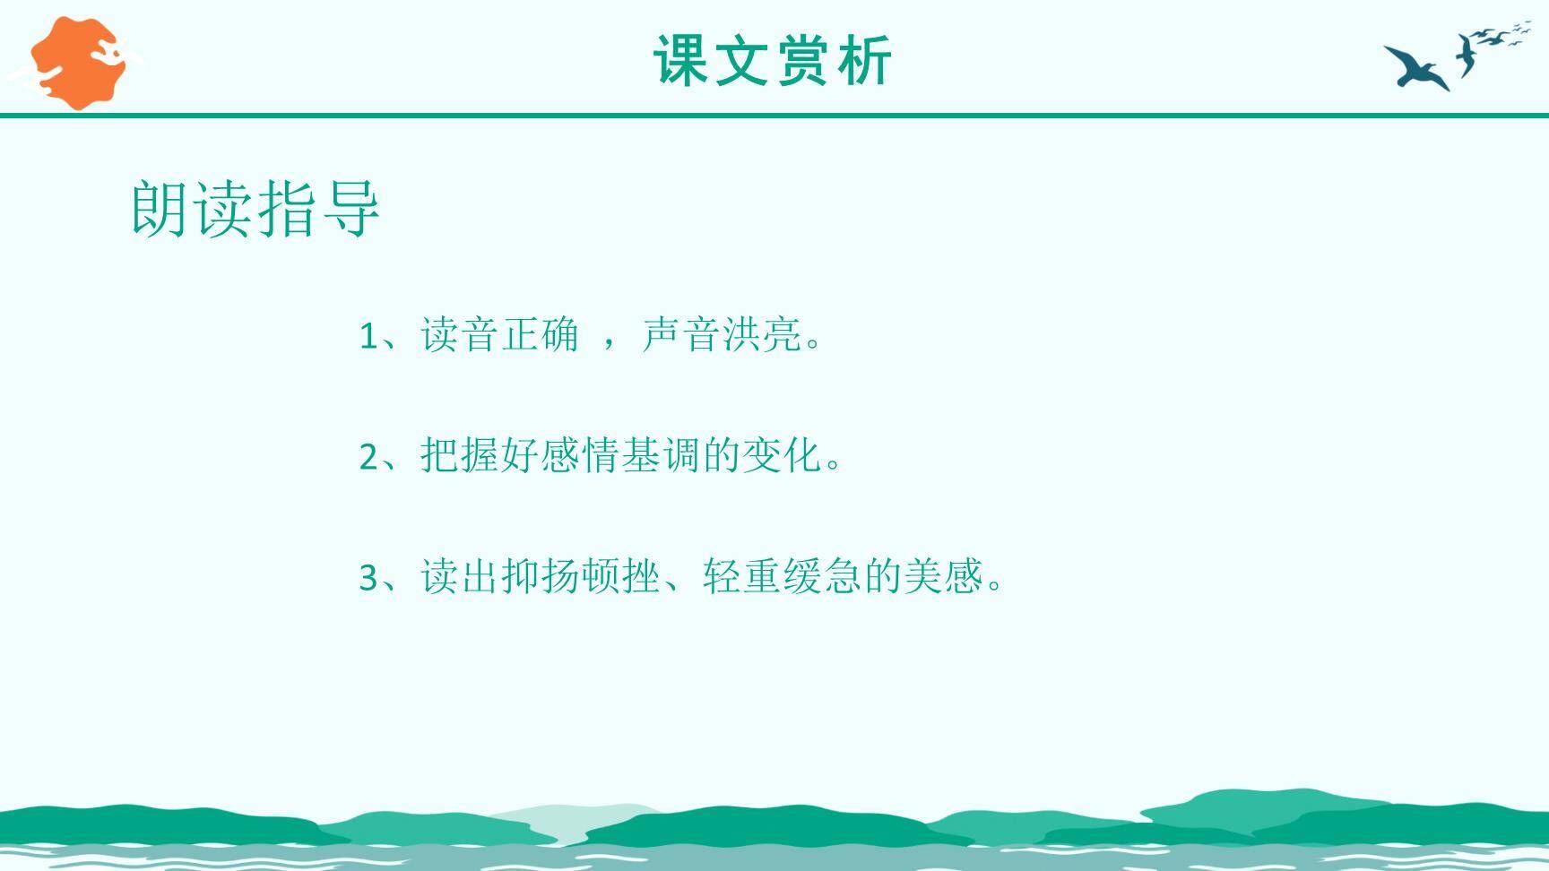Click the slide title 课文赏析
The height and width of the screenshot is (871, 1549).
point(773,61)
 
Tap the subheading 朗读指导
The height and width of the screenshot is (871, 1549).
point(255,209)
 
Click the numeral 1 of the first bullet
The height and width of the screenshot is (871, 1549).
point(368,337)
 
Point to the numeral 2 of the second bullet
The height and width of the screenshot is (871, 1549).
point(368,458)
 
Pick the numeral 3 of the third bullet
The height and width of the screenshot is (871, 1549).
point(368,578)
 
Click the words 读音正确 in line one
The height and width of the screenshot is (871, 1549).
point(499,335)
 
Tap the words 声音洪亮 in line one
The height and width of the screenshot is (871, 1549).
point(722,335)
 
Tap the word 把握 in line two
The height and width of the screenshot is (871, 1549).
point(460,456)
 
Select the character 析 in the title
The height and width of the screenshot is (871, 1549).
point(864,61)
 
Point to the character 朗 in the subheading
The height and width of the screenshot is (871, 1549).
point(162,209)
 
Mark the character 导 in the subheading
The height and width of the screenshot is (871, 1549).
point(350,209)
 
